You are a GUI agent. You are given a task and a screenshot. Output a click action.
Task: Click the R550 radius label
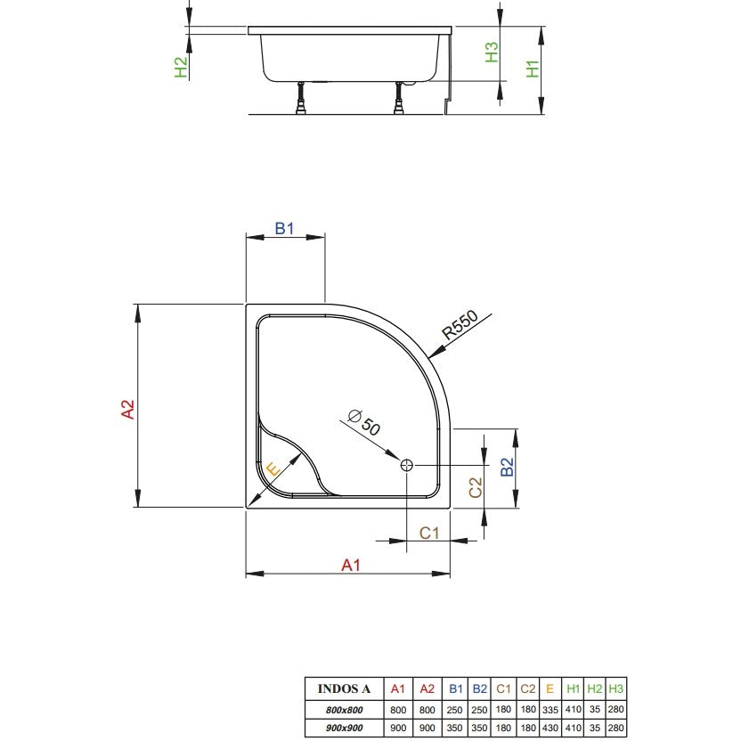(460, 325)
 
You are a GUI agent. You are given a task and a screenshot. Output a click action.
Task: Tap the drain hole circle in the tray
(406, 465)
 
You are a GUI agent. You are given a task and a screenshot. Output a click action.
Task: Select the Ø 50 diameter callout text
(364, 422)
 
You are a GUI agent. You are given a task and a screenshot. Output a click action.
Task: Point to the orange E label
(273, 469)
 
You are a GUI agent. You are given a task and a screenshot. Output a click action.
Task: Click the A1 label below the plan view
(351, 565)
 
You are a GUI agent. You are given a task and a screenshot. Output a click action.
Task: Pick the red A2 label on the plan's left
(128, 410)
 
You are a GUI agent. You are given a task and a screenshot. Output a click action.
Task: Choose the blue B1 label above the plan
(284, 229)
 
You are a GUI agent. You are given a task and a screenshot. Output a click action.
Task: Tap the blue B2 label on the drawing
(507, 467)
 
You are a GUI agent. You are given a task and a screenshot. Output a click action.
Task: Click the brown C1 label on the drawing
(429, 533)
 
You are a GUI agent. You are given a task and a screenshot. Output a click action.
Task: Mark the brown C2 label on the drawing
(476, 488)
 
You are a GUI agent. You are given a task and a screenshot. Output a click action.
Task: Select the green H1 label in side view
(533, 69)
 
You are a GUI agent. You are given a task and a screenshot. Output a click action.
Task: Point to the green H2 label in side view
(181, 67)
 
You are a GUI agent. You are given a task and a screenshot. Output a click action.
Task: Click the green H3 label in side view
(492, 53)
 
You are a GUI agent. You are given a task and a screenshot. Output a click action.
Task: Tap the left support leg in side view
(300, 98)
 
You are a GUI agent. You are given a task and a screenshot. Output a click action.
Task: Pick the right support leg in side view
(399, 98)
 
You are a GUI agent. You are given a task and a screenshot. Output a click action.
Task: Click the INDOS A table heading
(344, 688)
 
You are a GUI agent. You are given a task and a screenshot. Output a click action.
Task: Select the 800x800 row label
(344, 710)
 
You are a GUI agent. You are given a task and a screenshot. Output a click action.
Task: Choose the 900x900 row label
(344, 729)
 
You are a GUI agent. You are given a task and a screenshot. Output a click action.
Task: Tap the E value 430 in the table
(550, 729)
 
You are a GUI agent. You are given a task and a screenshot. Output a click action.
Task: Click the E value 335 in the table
(550, 710)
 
